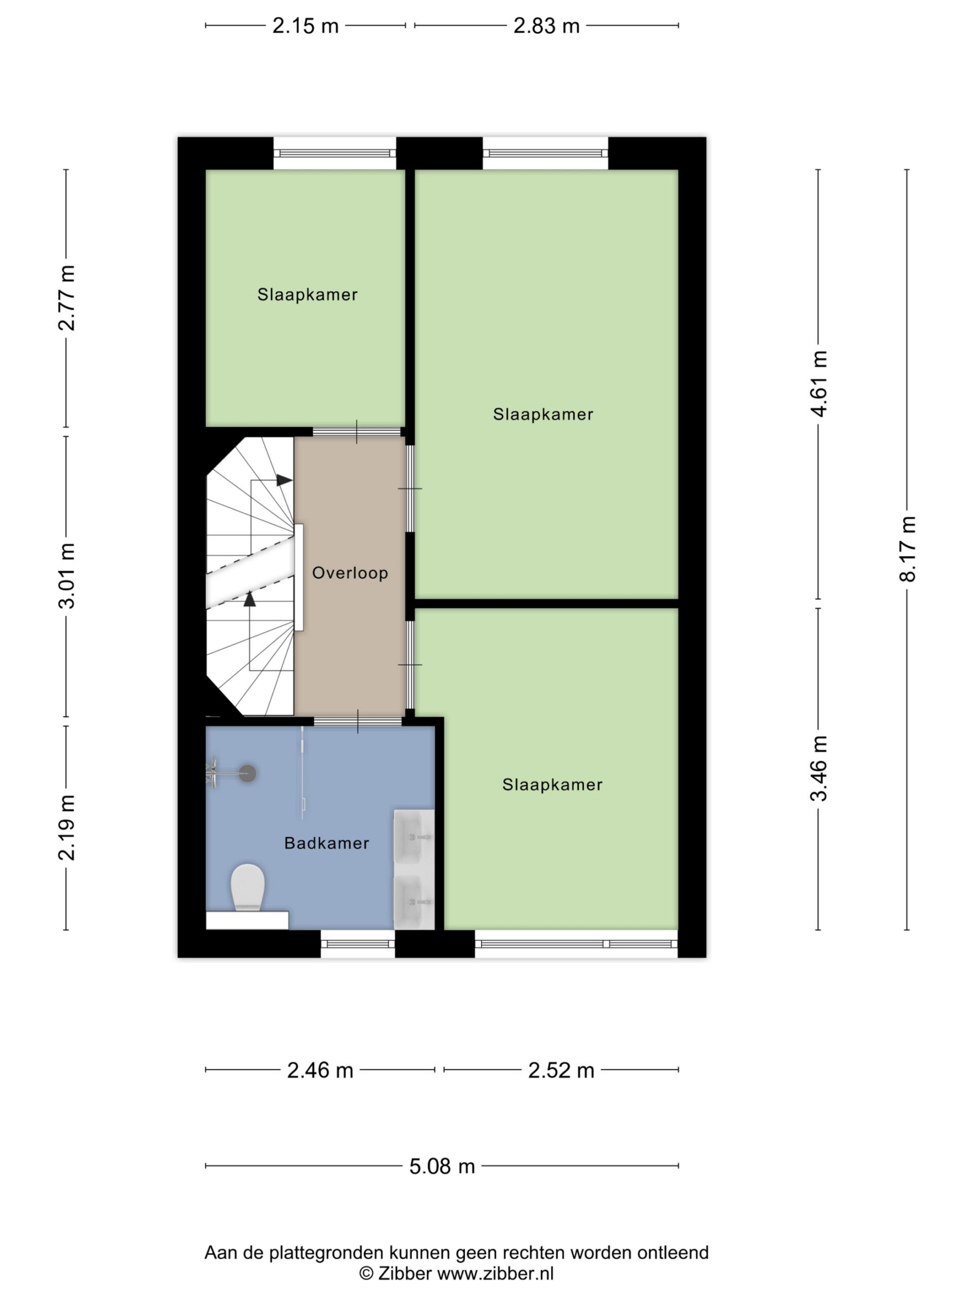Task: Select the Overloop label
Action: point(350,573)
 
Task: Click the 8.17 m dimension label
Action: point(907,549)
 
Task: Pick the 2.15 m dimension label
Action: point(306,26)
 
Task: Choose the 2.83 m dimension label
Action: point(547,26)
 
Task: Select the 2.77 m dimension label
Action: point(66,298)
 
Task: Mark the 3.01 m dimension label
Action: point(66,576)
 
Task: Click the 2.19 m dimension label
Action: point(66,827)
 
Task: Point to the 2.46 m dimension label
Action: point(320,1071)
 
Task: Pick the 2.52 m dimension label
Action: point(562,1071)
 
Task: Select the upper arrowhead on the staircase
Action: point(284,480)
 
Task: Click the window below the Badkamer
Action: point(358,943)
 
